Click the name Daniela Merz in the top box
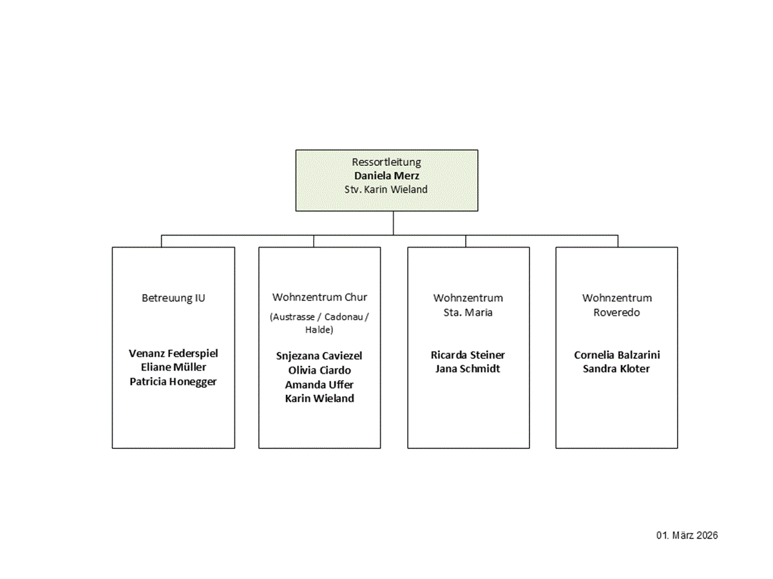point(386,176)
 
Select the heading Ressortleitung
point(386,162)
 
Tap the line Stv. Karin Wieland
point(386,189)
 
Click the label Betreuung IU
point(173,298)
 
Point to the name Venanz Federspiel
point(173,353)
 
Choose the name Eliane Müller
point(173,367)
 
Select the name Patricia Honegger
point(173,381)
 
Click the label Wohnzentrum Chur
point(320,297)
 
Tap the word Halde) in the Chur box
point(319,330)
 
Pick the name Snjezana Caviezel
point(319,356)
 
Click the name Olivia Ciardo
point(320,370)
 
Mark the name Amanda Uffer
point(319,385)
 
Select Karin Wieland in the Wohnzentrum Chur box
point(320,398)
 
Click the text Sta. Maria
point(468,313)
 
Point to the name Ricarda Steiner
point(468,355)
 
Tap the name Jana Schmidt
point(468,369)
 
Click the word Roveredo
point(616,313)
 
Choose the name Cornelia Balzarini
point(616,355)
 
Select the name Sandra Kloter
point(616,369)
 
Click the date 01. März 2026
point(687,535)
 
